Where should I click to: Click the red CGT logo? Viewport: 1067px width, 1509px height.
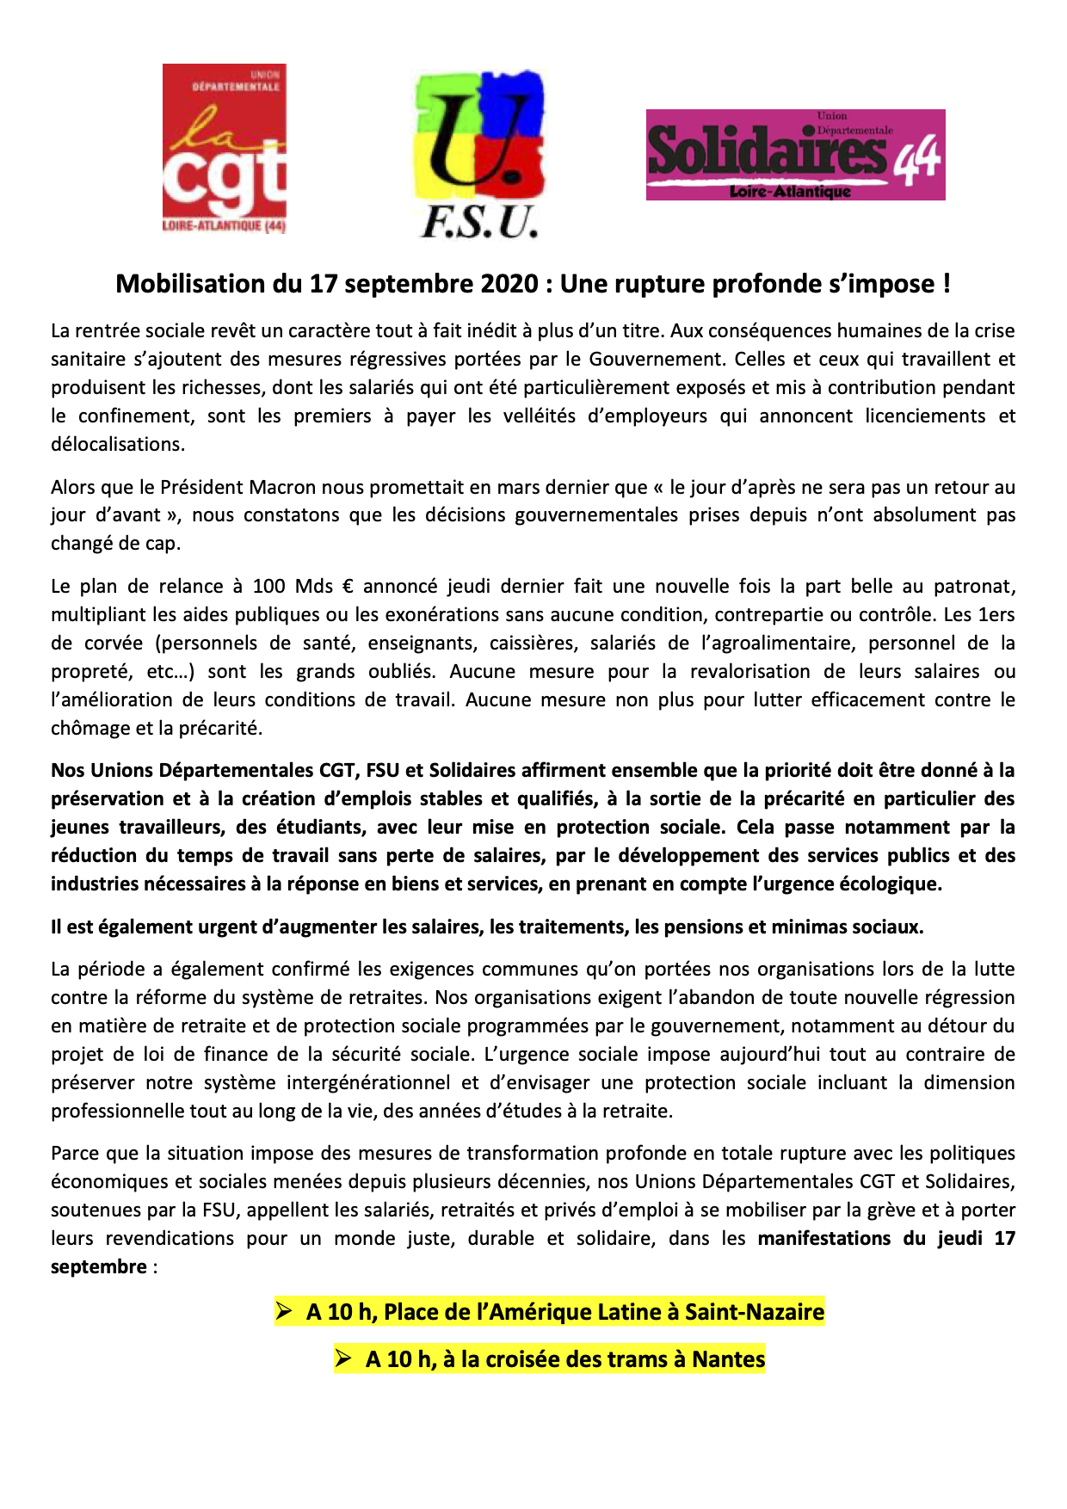click(x=225, y=148)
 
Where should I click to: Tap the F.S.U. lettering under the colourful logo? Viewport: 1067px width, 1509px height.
click(x=479, y=223)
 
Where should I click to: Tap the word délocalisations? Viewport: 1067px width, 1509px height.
click(x=117, y=444)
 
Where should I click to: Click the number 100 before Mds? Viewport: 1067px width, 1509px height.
click(x=268, y=586)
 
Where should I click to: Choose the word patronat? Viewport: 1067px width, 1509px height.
click(x=974, y=586)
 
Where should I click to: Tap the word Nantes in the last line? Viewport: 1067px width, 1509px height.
click(x=729, y=1359)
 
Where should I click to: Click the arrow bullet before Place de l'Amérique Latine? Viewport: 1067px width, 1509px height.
click(x=285, y=1311)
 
